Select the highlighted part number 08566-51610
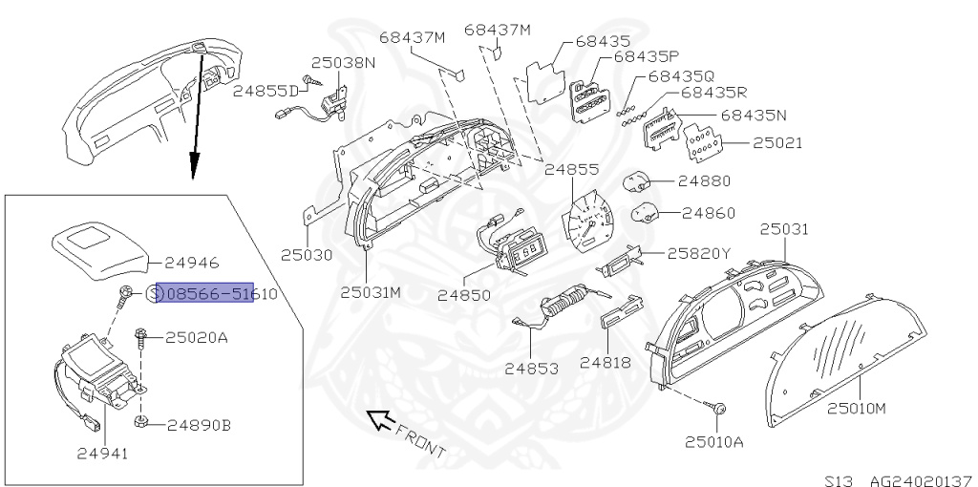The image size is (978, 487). coord(205,294)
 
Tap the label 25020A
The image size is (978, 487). coord(198,337)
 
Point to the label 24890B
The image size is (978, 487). coord(199,424)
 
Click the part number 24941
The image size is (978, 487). coord(102,454)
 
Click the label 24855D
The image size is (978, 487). coord(266,91)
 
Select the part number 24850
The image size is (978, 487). coord(464,295)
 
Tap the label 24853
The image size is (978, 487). coord(531,368)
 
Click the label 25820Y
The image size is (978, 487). coord(698,254)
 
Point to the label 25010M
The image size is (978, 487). coord(857,409)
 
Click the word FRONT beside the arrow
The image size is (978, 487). coord(420,438)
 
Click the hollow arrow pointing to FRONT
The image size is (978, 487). coord(380,418)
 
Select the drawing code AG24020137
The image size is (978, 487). coord(918,478)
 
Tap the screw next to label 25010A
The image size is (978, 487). coord(716,408)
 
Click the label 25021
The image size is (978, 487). coord(777,143)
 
